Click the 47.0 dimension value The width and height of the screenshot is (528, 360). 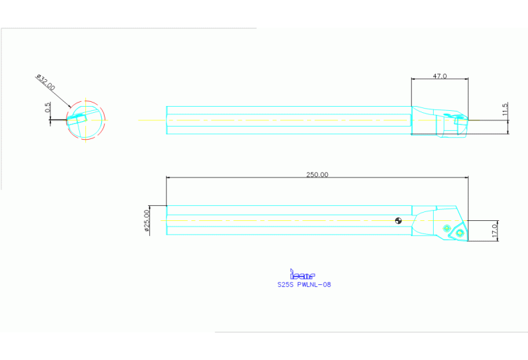[440, 76]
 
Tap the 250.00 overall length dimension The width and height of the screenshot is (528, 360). [317, 175]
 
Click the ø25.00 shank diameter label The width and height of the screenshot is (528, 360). [147, 222]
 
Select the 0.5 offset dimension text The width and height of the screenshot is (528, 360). [47, 108]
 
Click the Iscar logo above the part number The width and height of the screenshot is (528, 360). [303, 275]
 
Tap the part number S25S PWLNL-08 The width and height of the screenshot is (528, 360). [303, 284]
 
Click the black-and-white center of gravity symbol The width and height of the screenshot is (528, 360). [399, 221]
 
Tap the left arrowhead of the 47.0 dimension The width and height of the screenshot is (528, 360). [413, 80]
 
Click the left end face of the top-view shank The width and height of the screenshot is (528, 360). [167, 120]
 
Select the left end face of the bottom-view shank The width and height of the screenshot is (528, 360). [167, 220]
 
